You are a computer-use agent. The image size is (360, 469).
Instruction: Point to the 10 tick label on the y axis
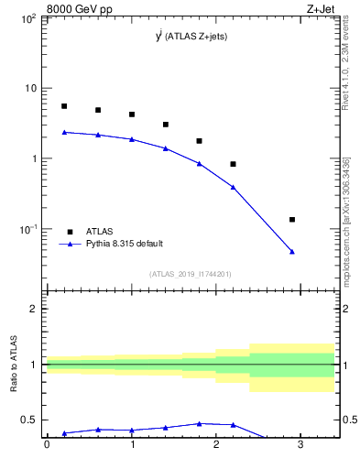point(30,89)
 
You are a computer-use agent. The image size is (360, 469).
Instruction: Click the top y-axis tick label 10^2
point(28,18)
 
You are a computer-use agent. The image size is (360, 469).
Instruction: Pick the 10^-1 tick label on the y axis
point(28,229)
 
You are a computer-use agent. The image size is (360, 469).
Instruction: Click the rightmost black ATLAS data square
point(292,220)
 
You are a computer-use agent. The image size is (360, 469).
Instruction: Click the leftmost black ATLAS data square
point(64,106)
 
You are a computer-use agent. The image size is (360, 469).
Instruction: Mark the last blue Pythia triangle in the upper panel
point(292,251)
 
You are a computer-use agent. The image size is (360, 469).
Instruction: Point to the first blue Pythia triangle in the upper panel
point(64,132)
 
